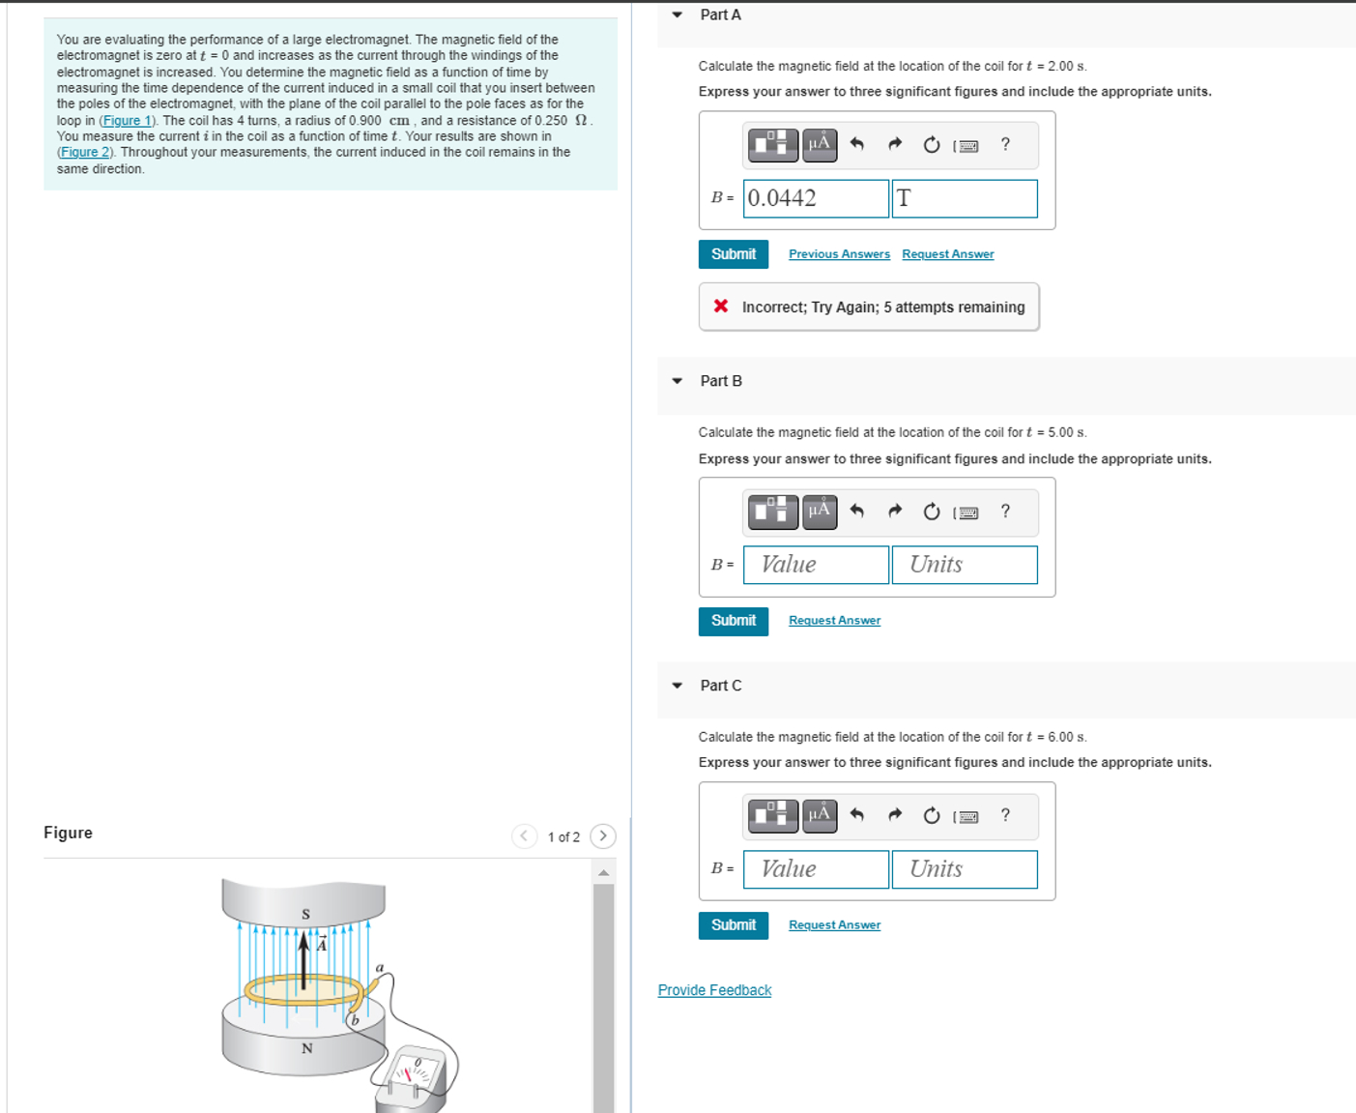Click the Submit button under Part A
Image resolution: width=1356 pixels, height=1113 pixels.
[x=733, y=254]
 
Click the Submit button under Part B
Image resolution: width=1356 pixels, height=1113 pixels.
[x=733, y=621]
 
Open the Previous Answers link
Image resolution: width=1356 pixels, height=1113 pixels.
[x=838, y=254]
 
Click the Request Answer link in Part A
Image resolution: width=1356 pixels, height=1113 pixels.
[x=947, y=254]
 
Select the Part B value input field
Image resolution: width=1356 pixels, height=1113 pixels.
[x=815, y=565]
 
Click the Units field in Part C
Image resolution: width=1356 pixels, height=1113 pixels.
[x=964, y=869]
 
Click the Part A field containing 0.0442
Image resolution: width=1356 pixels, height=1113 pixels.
[x=815, y=198]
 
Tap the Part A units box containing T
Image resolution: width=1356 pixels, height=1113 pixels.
[x=964, y=198]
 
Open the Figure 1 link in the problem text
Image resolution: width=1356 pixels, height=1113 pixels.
[x=128, y=121]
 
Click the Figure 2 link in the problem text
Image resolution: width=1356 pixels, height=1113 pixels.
[x=85, y=153]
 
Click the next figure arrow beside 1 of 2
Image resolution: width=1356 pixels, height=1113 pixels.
[x=603, y=835]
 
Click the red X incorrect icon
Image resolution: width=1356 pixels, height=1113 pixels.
[x=721, y=307]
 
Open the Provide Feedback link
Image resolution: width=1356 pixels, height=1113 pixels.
[x=714, y=990]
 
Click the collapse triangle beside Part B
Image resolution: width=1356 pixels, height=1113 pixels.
[x=678, y=381]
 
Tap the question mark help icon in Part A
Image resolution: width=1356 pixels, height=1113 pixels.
[x=1005, y=144]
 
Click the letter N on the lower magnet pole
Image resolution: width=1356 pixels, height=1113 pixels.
[x=306, y=1048]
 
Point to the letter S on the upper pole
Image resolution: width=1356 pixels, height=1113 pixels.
[x=305, y=914]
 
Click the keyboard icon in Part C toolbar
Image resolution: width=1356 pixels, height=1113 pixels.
[x=967, y=817]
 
